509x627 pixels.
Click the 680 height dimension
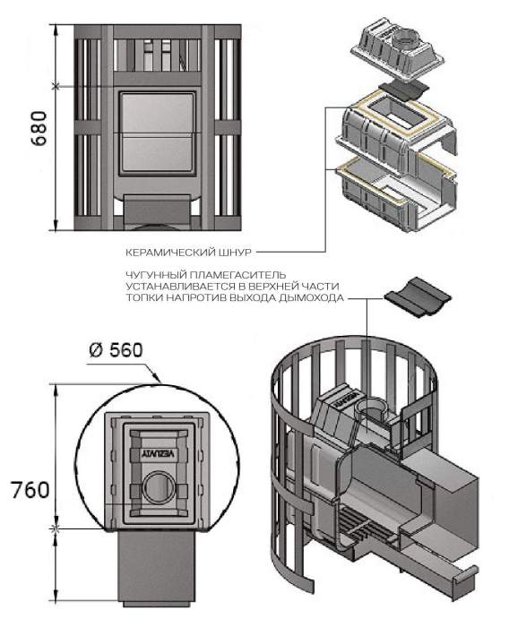(x=39, y=128)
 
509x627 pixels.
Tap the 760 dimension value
(x=30, y=490)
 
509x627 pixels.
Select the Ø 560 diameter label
(x=116, y=350)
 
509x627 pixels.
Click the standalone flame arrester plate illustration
(x=418, y=296)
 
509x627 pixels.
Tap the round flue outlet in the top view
(x=160, y=486)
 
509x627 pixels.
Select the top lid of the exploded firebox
(x=397, y=50)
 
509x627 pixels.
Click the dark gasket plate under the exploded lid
(x=404, y=90)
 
